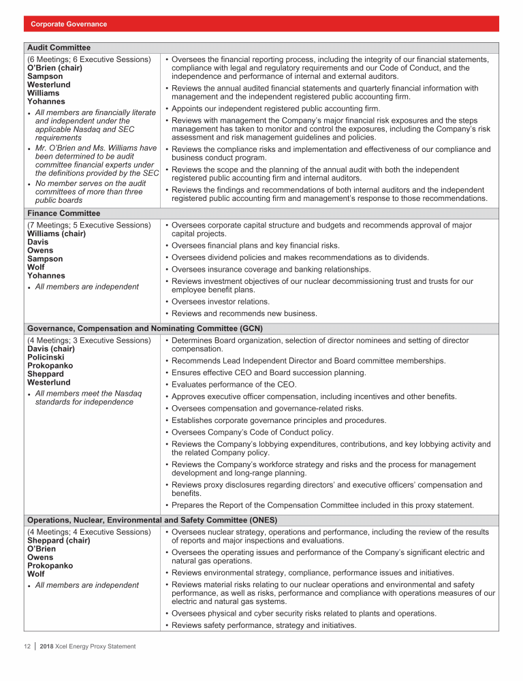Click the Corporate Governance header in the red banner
[x=69, y=24]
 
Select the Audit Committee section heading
[x=58, y=48]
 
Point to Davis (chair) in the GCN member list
[x=51, y=349]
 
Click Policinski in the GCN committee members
[x=45, y=357]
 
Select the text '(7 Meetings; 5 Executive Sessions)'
[x=89, y=225]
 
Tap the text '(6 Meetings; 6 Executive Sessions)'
[x=89, y=59]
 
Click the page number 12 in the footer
[x=25, y=646]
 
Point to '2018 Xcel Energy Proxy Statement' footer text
[x=88, y=646]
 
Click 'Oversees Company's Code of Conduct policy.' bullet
[x=253, y=432]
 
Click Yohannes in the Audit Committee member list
[x=46, y=101]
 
